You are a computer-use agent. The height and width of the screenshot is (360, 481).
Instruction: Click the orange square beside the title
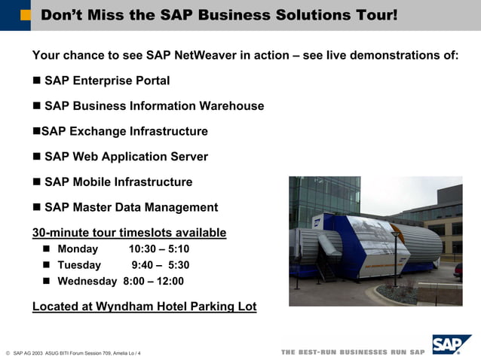pyautogui.click(x=26, y=15)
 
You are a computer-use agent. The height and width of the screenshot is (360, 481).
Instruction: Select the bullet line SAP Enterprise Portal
pyautogui.click(x=106, y=81)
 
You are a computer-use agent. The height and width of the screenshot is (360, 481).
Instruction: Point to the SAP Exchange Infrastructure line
pyautogui.click(x=124, y=132)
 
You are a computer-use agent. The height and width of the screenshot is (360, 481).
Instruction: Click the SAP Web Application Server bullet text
pyautogui.click(x=126, y=157)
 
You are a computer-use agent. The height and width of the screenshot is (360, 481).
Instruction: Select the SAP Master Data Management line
pyautogui.click(x=130, y=207)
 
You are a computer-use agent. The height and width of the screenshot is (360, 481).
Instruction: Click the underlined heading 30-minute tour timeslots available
pyautogui.click(x=129, y=232)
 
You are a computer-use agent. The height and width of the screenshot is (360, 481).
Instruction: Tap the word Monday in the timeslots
pyautogui.click(x=78, y=249)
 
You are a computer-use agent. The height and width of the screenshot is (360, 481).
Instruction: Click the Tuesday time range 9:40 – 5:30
pyautogui.click(x=160, y=265)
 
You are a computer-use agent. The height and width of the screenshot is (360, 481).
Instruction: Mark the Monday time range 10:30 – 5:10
pyautogui.click(x=159, y=249)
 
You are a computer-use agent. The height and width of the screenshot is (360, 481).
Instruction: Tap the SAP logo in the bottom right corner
pyautogui.click(x=451, y=345)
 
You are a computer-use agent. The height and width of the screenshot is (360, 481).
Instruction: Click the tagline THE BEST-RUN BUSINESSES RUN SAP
pyautogui.click(x=353, y=352)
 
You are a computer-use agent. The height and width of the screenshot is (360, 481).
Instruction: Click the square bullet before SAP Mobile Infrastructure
pyautogui.click(x=38, y=182)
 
